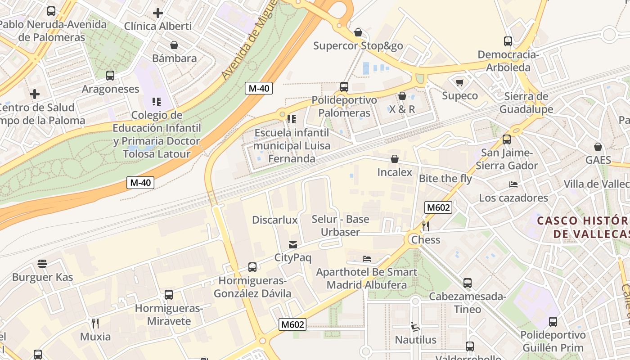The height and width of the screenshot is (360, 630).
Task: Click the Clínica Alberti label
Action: [157, 26]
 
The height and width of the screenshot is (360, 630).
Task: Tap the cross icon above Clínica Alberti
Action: [157, 13]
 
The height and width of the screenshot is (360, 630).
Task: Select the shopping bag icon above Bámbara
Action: [174, 45]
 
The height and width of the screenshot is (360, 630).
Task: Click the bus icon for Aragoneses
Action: [110, 76]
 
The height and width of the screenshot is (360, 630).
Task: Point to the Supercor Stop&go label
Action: [358, 45]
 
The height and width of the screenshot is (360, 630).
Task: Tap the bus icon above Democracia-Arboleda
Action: [508, 41]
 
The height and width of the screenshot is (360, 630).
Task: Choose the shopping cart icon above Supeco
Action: [459, 82]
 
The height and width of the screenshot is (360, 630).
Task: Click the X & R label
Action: [402, 109]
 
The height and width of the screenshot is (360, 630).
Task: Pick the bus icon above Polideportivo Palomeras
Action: [344, 86]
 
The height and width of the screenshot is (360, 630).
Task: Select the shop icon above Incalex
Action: [395, 159]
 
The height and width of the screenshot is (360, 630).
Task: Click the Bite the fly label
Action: [445, 179]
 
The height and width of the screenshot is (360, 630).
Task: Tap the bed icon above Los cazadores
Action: [513, 184]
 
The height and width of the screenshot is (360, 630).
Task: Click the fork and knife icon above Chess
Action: [425, 226]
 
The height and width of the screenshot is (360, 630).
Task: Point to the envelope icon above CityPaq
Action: [293, 245]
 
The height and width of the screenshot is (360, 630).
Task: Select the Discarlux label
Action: [275, 220]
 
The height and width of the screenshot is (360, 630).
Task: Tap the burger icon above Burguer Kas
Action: [42, 264]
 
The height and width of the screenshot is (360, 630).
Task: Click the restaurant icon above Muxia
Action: [95, 323]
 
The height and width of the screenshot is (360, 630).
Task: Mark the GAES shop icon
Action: [598, 147]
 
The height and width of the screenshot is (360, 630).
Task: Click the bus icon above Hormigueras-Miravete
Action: [169, 295]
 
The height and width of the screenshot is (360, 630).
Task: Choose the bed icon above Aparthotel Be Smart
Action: [367, 259]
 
